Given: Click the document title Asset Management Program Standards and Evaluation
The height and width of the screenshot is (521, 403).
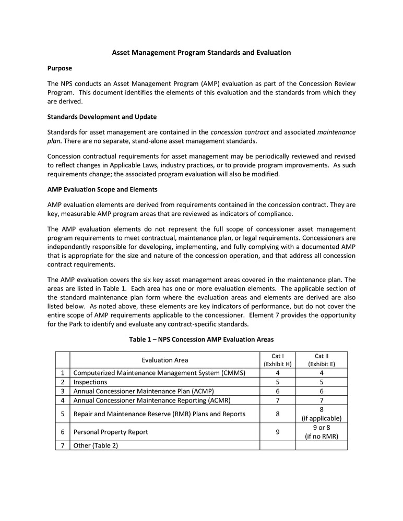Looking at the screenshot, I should [201, 53].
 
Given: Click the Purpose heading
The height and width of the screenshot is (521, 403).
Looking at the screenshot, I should [60, 68].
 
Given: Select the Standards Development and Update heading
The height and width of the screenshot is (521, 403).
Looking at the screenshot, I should [102, 116].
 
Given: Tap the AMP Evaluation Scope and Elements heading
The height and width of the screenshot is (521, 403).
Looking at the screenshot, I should [102, 189].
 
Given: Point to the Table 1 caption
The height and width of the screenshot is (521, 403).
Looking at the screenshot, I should [201, 340].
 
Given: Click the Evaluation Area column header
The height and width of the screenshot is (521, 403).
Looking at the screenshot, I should [164, 360].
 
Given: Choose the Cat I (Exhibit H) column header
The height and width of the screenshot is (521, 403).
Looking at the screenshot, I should [277, 360].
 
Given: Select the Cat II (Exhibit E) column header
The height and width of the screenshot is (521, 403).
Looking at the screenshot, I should [321, 360].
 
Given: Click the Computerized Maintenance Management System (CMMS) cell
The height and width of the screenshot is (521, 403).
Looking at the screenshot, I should [159, 373].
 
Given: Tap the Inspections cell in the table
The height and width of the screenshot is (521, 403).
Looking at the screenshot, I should [90, 382].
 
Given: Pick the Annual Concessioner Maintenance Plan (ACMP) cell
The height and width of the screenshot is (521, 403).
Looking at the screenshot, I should [144, 391].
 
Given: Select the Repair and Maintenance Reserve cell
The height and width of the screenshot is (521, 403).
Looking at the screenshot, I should [159, 414].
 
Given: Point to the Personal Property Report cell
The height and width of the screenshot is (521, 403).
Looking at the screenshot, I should [111, 432].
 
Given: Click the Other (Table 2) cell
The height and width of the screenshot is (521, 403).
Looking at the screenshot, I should [96, 445].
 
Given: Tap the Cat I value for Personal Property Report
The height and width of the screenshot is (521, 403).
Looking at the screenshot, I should [277, 432].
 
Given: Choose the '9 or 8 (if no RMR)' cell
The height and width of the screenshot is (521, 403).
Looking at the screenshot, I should [321, 432].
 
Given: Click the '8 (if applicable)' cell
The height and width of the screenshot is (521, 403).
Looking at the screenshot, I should [321, 414].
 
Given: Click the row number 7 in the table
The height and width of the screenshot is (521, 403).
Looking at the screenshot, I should [62, 445].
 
